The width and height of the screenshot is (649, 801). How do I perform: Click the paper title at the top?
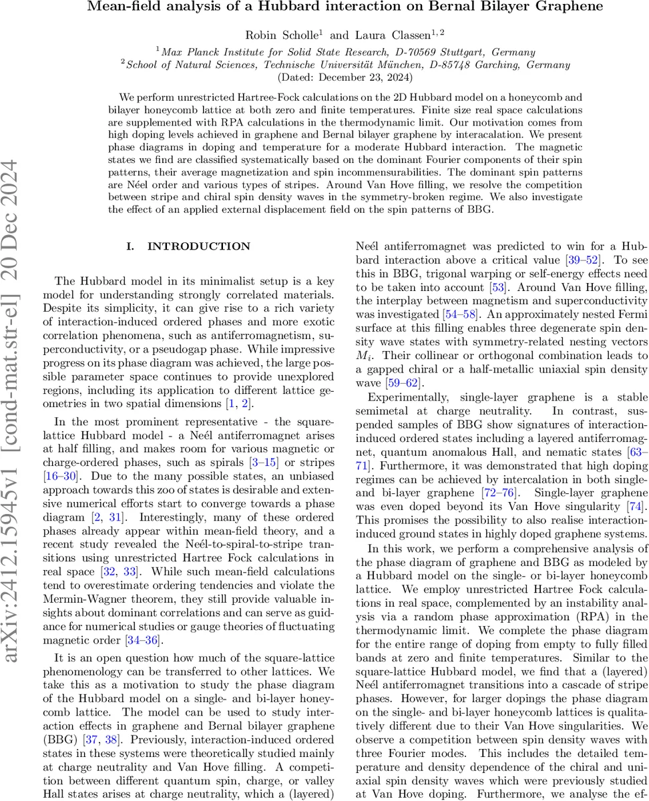[345, 7]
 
